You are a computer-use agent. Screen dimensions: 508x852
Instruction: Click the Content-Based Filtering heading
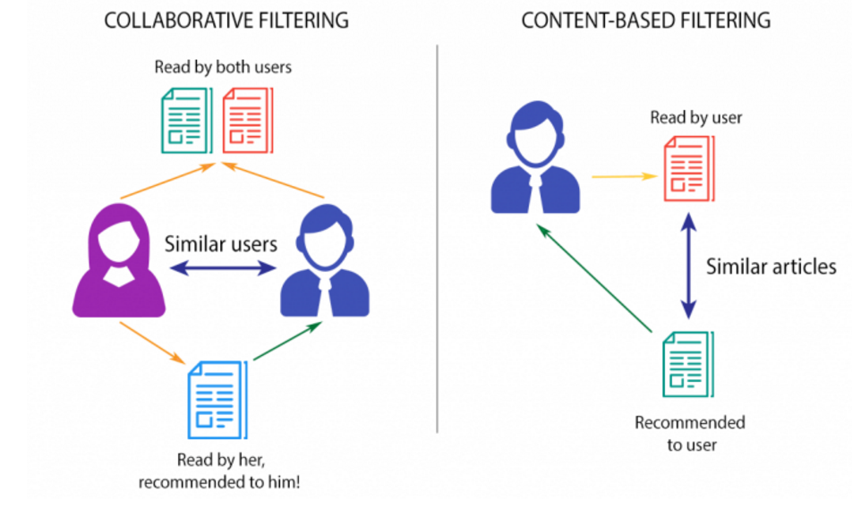coord(646,21)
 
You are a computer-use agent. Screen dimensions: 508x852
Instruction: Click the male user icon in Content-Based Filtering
coord(535,161)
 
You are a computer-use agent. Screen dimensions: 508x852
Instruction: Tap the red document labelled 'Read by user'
coord(687,170)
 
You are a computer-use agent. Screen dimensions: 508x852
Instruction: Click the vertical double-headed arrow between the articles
coord(687,266)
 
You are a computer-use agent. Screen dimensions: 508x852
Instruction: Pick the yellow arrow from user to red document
coord(625,176)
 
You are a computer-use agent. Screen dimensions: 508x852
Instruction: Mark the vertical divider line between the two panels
coord(438,241)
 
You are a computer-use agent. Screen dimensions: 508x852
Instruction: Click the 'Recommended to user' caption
coord(689,433)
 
